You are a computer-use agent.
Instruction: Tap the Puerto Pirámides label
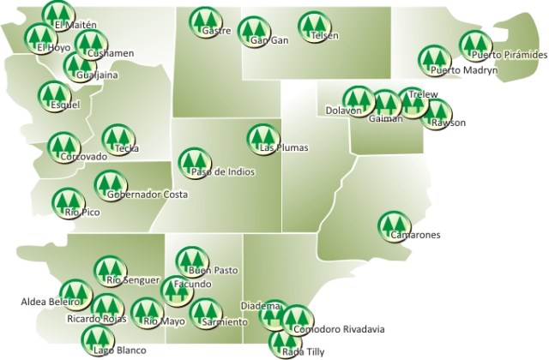point(510,55)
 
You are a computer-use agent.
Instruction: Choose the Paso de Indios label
point(221,171)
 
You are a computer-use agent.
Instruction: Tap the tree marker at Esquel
point(53,94)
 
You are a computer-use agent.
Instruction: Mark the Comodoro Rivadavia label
point(339,329)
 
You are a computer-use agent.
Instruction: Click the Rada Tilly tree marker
point(285,344)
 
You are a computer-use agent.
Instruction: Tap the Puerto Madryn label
point(464,70)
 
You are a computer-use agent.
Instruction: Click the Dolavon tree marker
point(357,100)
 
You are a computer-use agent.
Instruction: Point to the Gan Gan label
point(269,40)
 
